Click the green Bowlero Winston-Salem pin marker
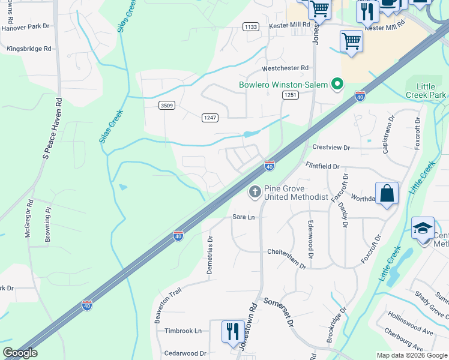click(337, 85)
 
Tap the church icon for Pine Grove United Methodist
click(255, 191)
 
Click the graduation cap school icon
click(423, 229)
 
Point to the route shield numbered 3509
click(167, 106)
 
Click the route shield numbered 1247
click(209, 118)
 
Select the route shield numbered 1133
click(251, 26)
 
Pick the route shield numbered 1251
click(291, 95)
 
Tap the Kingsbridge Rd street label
click(29, 49)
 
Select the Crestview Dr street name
click(330, 147)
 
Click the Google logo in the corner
click(20, 353)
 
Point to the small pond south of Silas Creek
click(123, 187)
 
